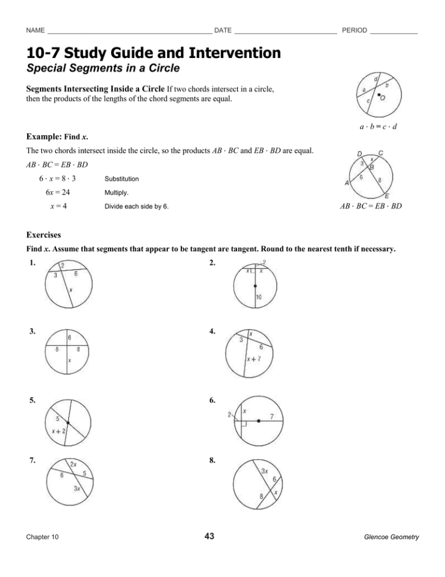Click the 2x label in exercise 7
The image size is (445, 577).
tap(74, 464)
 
